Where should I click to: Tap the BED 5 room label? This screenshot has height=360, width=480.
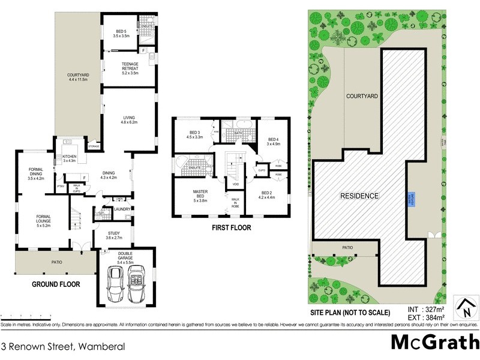point(121,34)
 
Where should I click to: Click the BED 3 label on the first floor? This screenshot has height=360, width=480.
point(194,134)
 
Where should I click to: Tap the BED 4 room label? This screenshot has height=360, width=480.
point(274,141)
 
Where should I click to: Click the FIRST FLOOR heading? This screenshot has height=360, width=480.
point(230,228)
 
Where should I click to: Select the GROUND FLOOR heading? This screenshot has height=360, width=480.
point(56,284)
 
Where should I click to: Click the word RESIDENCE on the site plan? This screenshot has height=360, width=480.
point(360,196)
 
